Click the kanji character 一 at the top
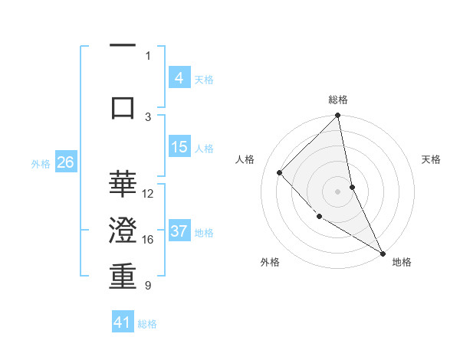[x=123, y=45]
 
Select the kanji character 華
[x=123, y=184]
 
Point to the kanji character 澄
[x=123, y=230]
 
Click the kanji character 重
[x=123, y=276]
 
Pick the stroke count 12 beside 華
[x=149, y=194]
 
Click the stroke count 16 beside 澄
[x=149, y=240]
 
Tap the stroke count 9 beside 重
[x=148, y=286]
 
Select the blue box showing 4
[x=179, y=78]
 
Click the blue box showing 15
[x=179, y=147]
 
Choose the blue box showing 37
[x=179, y=231]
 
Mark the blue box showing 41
[x=123, y=322]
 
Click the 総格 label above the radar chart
[x=338, y=100]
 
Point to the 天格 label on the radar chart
[x=431, y=159]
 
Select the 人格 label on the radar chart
[x=245, y=159]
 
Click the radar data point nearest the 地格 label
[x=383, y=253]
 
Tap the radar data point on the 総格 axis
[x=338, y=116]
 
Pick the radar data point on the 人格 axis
[x=280, y=172]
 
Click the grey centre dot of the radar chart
[x=338, y=191]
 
